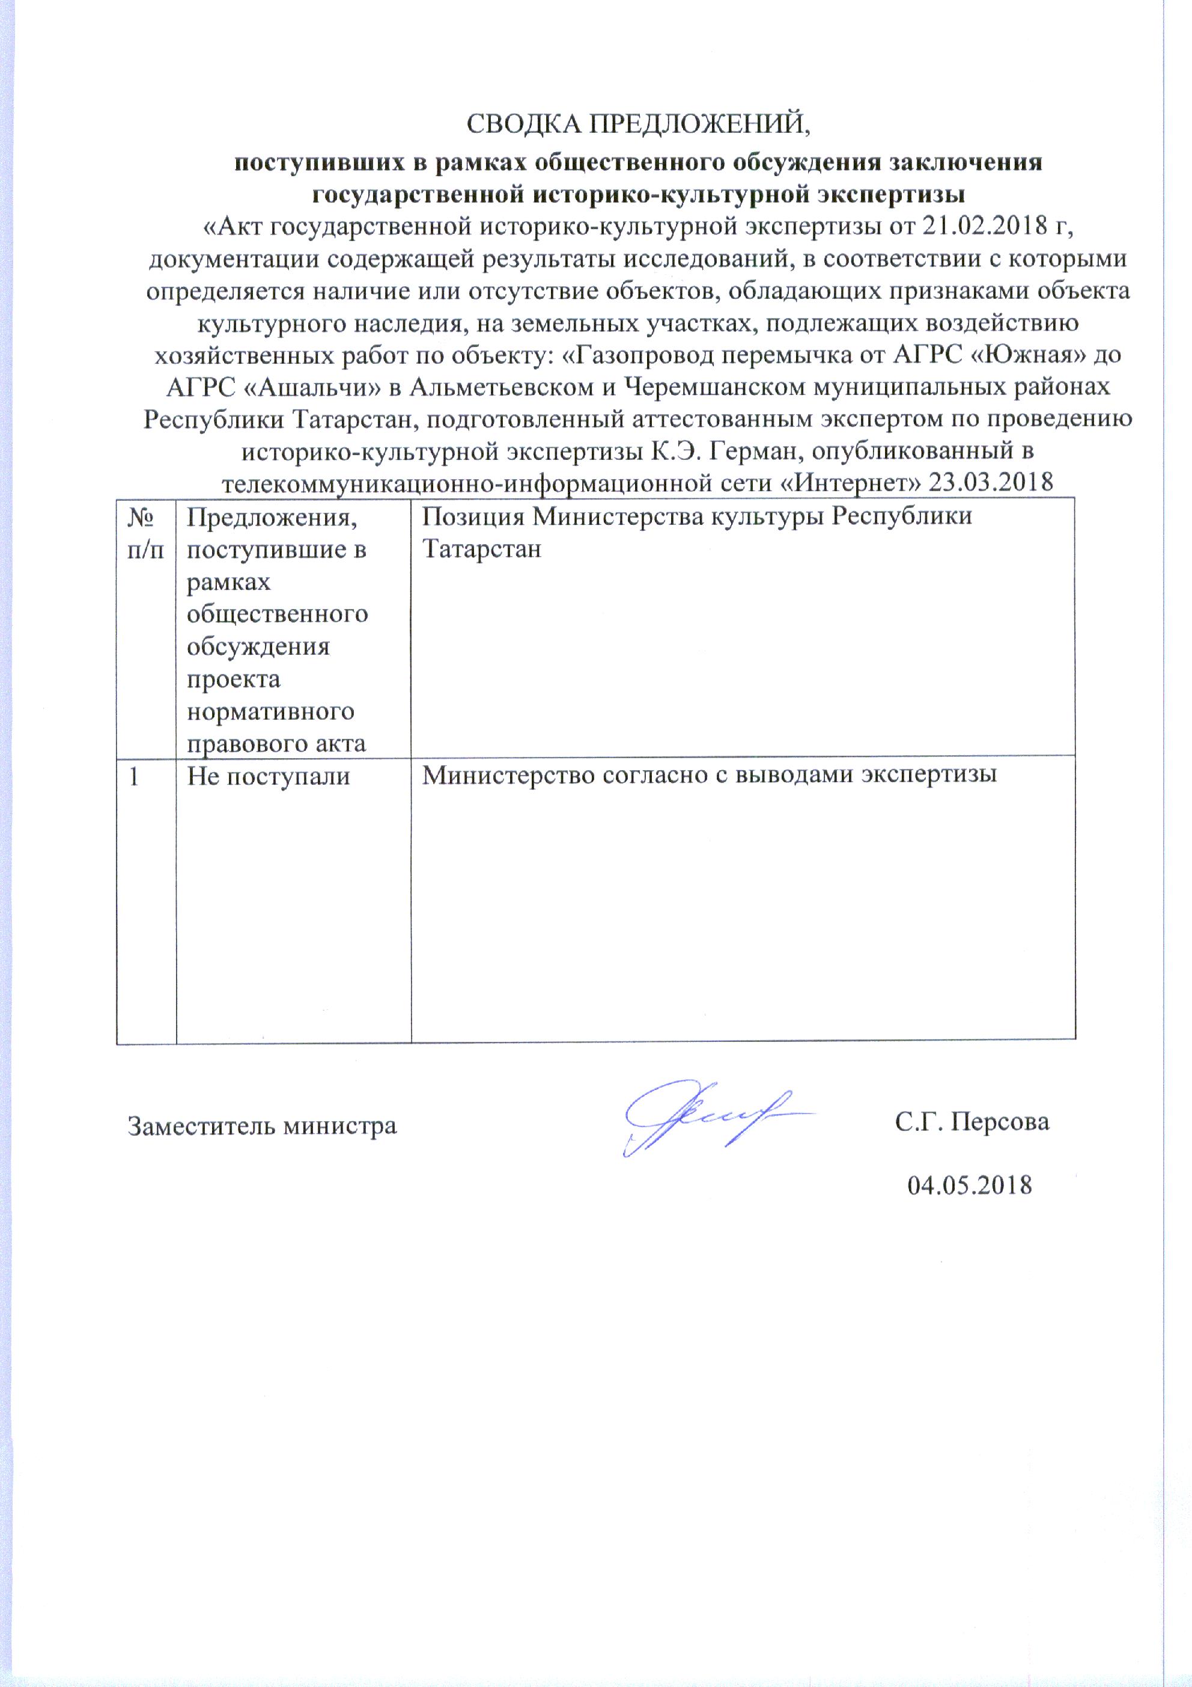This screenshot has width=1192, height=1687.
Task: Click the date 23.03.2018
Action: pos(991,483)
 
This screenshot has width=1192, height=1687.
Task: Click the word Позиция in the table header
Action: pos(473,516)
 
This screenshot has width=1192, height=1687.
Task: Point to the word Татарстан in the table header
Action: pos(482,549)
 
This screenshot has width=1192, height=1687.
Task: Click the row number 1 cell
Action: pos(133,777)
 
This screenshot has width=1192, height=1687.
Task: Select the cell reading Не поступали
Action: pos(268,777)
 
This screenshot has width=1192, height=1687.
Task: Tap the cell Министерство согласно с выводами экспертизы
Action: pos(710,776)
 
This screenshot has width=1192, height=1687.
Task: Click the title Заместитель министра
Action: pos(262,1125)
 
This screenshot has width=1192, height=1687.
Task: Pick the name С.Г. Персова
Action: pos(972,1122)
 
